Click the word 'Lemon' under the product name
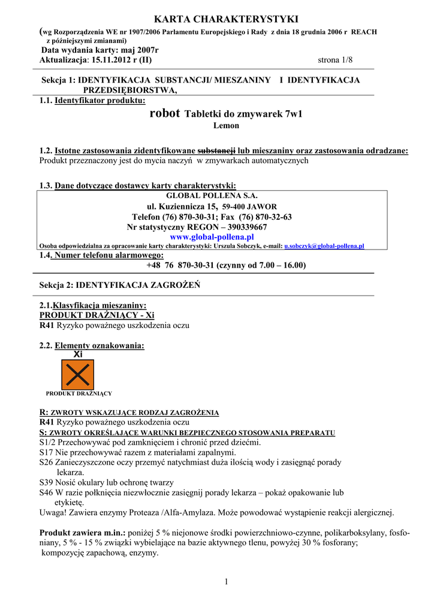226,126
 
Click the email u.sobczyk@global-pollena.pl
324,246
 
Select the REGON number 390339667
245,227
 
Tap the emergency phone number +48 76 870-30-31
180,265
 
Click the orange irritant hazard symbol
78,374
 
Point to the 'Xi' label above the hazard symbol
77,354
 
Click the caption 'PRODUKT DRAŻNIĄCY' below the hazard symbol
79,393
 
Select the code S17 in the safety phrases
46,453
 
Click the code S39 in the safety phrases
46,482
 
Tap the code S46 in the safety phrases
46,493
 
